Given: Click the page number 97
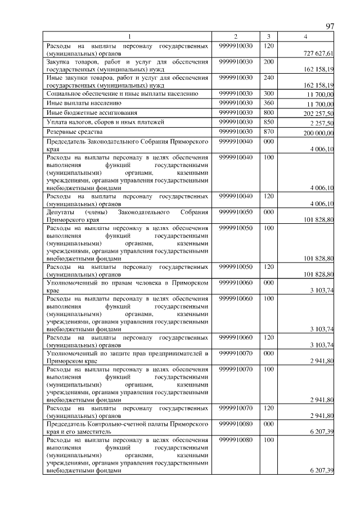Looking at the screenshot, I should click(x=330, y=26).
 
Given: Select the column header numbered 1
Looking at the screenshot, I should click(x=129, y=37).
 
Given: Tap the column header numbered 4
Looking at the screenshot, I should click(x=305, y=37).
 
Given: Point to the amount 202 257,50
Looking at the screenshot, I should click(x=319, y=114).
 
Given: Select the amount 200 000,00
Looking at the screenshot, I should click(x=319, y=133).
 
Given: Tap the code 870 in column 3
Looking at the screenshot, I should click(x=268, y=131).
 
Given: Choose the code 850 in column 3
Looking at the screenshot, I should click(x=268, y=122).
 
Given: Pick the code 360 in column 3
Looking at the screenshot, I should click(x=268, y=103).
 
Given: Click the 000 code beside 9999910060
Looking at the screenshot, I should click(x=268, y=282).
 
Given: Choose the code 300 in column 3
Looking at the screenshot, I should click(x=268, y=93).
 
